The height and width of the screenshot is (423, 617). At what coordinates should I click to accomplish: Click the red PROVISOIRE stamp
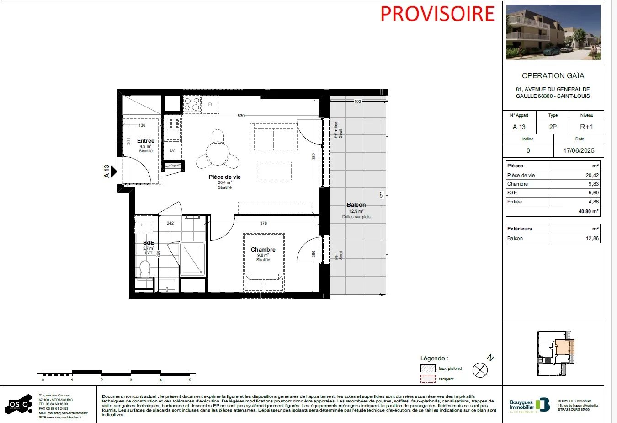coord(437,14)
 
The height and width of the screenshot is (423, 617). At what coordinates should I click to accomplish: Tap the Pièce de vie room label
coord(224,177)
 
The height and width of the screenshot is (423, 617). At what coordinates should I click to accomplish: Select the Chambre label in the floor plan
coord(263,250)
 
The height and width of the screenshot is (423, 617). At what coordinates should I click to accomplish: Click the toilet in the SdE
coord(145,268)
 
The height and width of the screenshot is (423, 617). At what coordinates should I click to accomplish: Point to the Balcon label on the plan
coord(356,205)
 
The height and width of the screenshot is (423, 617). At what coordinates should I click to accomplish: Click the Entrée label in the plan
coord(145,141)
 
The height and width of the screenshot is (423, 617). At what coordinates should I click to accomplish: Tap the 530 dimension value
coord(241,116)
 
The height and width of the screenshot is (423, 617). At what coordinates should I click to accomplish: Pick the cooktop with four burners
coord(192,104)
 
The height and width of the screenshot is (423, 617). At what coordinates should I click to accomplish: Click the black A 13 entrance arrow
coord(114,171)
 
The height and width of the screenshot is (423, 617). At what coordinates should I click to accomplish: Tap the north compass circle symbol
coord(480,369)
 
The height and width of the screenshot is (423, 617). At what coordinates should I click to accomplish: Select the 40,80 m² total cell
coord(588,211)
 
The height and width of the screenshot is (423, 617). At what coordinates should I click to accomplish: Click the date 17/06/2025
coord(579,150)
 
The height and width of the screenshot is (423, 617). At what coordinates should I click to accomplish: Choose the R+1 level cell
coord(586,127)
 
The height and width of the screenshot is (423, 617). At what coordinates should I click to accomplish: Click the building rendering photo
coord(553,32)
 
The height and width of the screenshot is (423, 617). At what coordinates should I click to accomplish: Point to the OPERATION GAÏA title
coord(553,76)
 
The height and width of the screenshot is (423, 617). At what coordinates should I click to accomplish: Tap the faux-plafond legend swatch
coord(428,368)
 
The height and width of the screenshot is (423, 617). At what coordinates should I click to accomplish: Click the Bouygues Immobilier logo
coord(529,405)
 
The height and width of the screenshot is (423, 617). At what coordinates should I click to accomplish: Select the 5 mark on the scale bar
coord(190,380)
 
